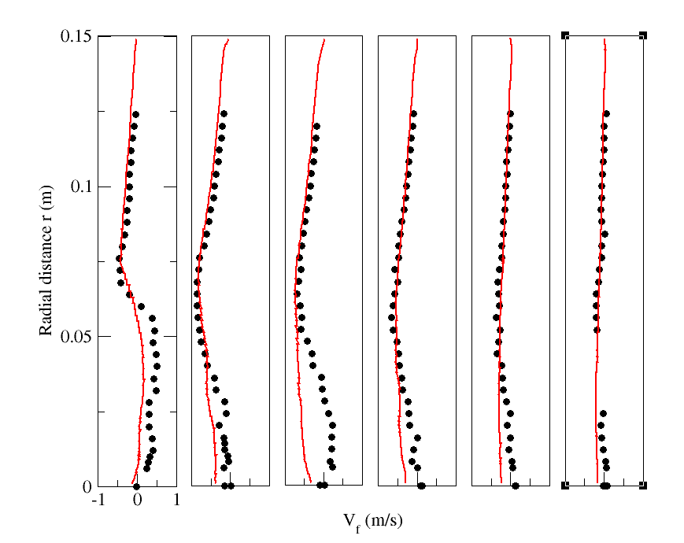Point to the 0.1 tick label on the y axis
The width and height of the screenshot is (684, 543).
80,187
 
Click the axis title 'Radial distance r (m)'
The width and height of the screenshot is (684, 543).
46,260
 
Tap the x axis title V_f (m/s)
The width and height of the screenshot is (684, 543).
373,521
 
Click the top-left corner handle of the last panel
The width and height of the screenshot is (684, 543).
565,35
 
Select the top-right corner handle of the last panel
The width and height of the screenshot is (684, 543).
643,35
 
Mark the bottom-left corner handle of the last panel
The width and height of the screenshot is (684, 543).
565,486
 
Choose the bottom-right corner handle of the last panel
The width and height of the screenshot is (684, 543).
643,486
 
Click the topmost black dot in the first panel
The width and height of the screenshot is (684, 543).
135,114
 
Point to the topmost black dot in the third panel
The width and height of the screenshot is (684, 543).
316,126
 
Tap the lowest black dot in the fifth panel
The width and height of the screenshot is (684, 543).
516,486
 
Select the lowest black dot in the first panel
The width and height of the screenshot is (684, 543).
136,486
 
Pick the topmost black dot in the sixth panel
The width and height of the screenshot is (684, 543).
606,114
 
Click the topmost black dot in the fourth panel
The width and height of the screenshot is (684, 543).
413,114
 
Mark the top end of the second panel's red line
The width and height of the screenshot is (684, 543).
228,39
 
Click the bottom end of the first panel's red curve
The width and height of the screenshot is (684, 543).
131,482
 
